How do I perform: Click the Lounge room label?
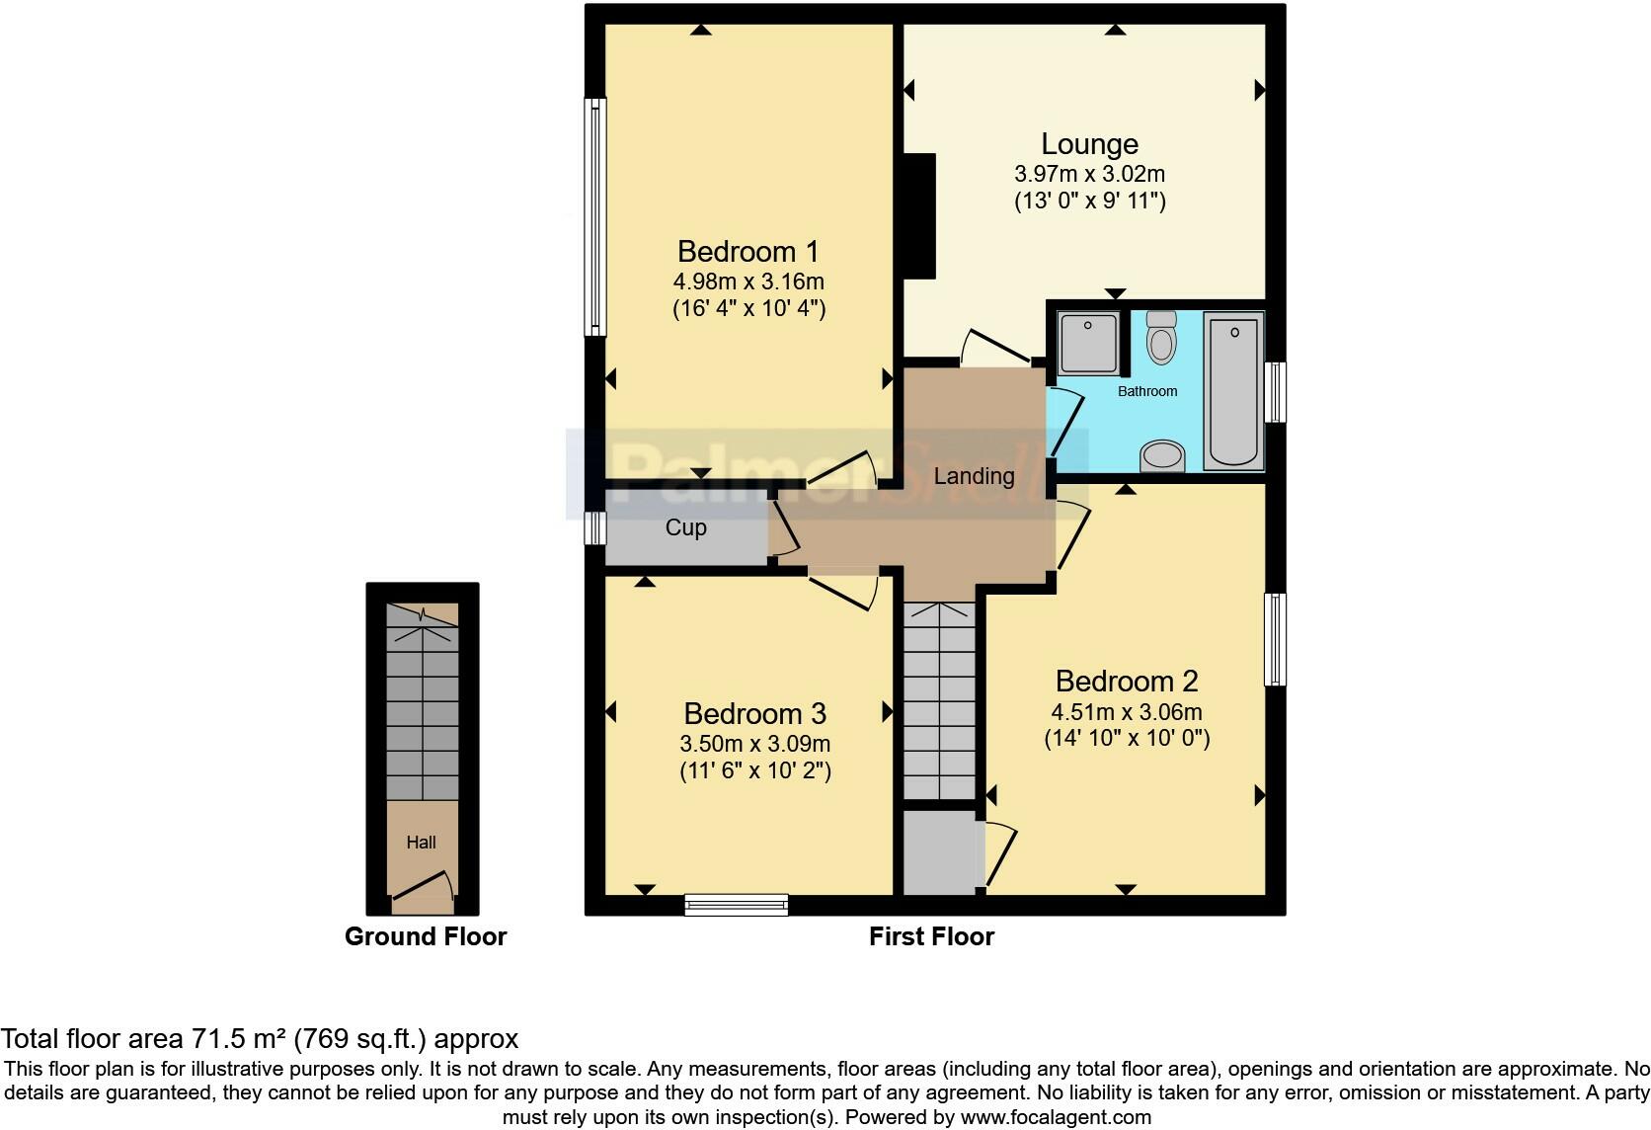click(1089, 144)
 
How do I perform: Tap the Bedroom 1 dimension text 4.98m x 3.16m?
click(748, 282)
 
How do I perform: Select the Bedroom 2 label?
click(1127, 682)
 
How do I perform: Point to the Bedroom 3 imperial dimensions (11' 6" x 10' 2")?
click(755, 771)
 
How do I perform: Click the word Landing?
click(974, 477)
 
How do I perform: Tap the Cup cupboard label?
click(685, 527)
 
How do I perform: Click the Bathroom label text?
click(1146, 391)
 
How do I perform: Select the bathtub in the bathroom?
click(1234, 391)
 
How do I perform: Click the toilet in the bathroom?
click(1161, 338)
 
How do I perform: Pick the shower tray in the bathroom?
click(1088, 343)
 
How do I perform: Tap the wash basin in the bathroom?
click(1162, 456)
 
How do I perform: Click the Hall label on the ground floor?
click(421, 843)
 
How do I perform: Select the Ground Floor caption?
click(426, 936)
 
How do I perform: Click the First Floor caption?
click(931, 936)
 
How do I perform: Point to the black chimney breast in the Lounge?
click(919, 216)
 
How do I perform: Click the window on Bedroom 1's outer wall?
click(594, 217)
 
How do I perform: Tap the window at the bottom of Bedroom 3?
click(737, 905)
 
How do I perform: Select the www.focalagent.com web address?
click(1057, 1117)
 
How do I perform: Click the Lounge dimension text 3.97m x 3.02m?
click(1089, 175)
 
